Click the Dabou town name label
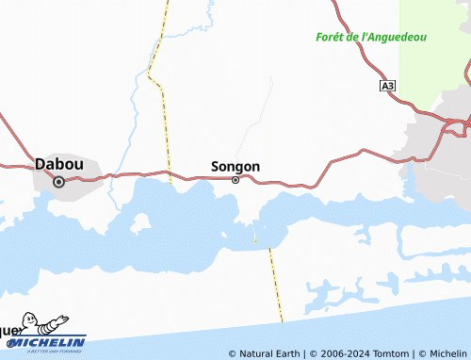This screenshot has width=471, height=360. pos(58,164)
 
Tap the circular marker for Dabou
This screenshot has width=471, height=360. pos(58,182)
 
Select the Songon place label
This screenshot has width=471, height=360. pos(235,167)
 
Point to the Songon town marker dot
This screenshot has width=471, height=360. pos(235,180)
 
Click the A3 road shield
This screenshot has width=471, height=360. pos(388,86)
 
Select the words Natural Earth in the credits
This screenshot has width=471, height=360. pos(268,353)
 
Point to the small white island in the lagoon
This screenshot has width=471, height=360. pos(140,223)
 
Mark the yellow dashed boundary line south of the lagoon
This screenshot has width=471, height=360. pos(275,283)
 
